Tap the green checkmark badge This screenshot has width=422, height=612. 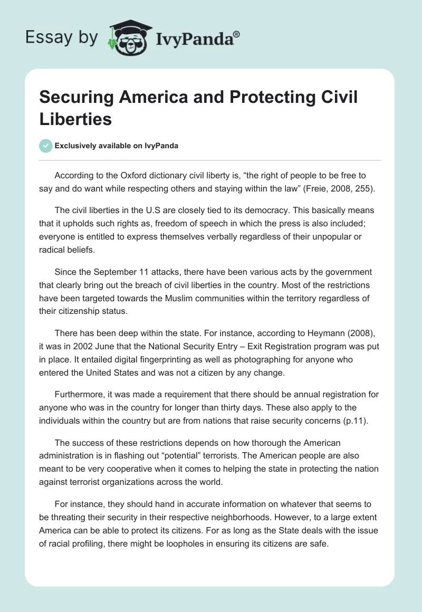coord(46,146)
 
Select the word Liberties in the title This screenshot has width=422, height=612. coord(75,119)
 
